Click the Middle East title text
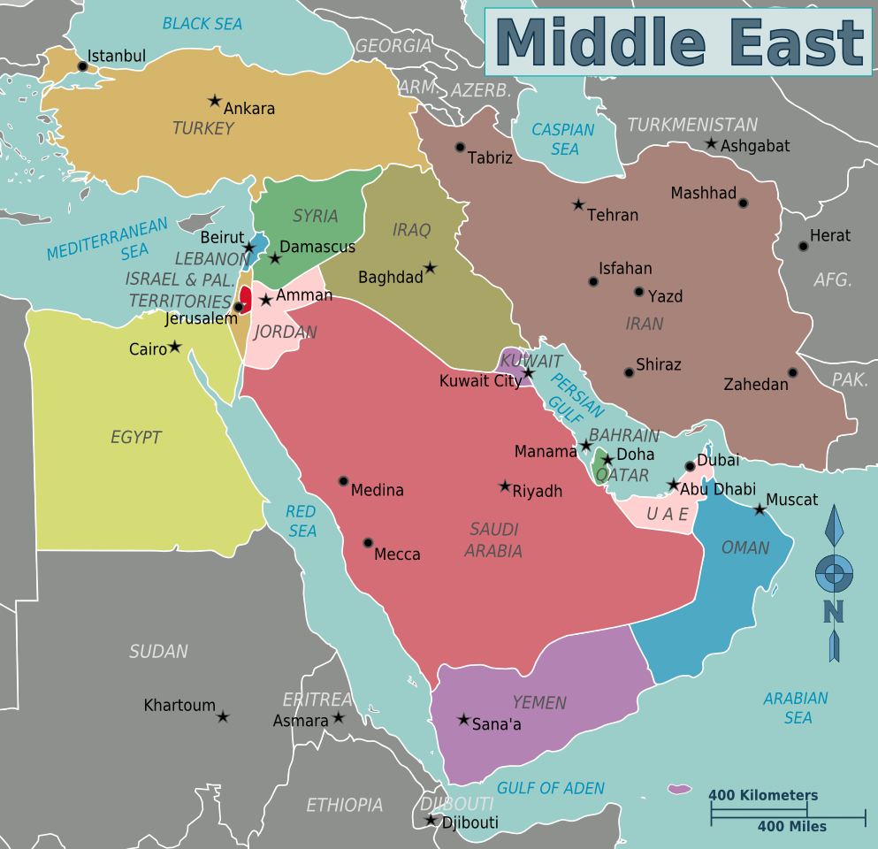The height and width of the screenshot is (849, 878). pyautogui.click(x=678, y=42)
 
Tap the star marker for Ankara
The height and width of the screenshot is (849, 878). pyautogui.click(x=214, y=101)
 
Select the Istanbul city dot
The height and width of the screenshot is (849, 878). pyautogui.click(x=83, y=65)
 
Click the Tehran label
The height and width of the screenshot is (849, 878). pyautogui.click(x=613, y=215)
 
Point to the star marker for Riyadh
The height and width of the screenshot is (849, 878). pyautogui.click(x=505, y=486)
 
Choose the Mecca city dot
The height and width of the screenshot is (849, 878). pyautogui.click(x=368, y=543)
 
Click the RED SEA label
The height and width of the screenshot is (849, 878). pyautogui.click(x=302, y=521)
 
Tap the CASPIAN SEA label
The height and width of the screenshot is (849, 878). pyautogui.click(x=563, y=140)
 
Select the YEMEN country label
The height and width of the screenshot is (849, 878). pyautogui.click(x=539, y=703)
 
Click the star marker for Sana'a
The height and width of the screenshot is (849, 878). pyautogui.click(x=463, y=719)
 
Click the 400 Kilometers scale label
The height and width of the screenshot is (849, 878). pyautogui.click(x=763, y=795)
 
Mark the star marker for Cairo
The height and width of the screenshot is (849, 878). pyautogui.click(x=175, y=347)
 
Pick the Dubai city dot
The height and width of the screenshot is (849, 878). pyautogui.click(x=691, y=466)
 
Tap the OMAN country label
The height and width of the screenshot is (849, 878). pyautogui.click(x=745, y=548)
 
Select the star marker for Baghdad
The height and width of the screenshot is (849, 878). pyautogui.click(x=430, y=267)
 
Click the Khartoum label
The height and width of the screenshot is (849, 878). pyautogui.click(x=179, y=706)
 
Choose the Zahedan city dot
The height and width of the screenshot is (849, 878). pyautogui.click(x=793, y=372)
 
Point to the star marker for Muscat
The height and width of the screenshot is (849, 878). pyautogui.click(x=760, y=509)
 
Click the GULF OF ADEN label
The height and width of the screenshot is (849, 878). pyautogui.click(x=551, y=788)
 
